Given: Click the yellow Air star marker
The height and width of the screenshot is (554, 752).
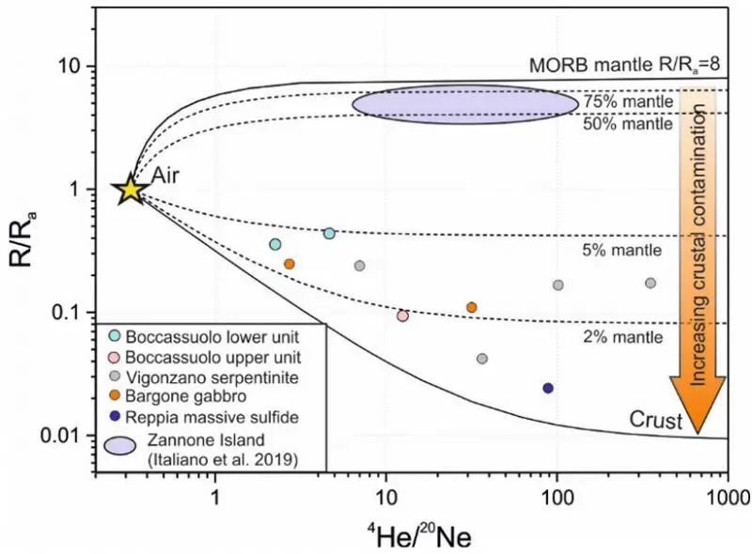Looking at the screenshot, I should click(130, 189).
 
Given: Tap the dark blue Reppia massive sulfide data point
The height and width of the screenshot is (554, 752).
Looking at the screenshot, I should click(549, 388).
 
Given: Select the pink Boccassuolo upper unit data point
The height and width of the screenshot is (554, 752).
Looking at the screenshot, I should click(402, 315).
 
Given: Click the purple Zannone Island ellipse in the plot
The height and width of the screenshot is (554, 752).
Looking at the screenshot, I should click(465, 102).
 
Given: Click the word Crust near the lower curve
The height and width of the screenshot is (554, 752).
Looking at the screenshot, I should click(656, 422).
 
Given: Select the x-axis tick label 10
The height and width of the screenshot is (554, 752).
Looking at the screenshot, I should click(386, 497).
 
